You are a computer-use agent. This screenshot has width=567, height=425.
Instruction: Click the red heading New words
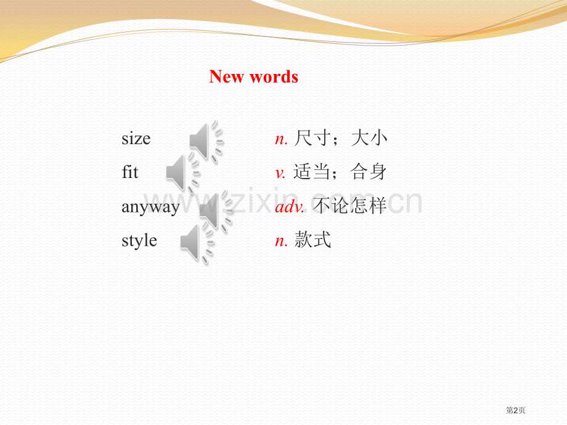pyautogui.click(x=253, y=77)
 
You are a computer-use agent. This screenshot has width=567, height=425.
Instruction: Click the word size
pyautogui.click(x=136, y=139)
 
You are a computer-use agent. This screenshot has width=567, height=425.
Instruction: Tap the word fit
pyautogui.click(x=130, y=172)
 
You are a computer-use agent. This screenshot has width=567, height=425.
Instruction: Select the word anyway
pyautogui.click(x=150, y=207)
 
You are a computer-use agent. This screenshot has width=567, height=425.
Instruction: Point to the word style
pyautogui.click(x=139, y=240)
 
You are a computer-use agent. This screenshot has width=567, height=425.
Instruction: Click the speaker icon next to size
pyautogui.click(x=205, y=141)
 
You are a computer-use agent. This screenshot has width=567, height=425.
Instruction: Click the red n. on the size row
pyautogui.click(x=281, y=139)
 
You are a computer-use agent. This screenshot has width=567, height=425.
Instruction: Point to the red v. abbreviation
pyautogui.click(x=281, y=173)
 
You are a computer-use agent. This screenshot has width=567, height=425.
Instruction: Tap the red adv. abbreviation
pyautogui.click(x=290, y=207)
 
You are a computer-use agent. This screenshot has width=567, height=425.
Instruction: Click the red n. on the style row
pyautogui.click(x=281, y=241)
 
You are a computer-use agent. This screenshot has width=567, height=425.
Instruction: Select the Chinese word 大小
pyautogui.click(x=369, y=139)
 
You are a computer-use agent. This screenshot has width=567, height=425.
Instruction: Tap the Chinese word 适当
pyautogui.click(x=312, y=172)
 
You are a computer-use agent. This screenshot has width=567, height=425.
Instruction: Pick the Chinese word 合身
pyautogui.click(x=369, y=172)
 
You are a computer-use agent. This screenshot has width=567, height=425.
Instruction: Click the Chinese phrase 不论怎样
pyautogui.click(x=350, y=206)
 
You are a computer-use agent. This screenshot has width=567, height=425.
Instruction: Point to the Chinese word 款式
pyautogui.click(x=313, y=240)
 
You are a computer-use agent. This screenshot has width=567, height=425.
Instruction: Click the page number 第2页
pyautogui.click(x=516, y=410)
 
